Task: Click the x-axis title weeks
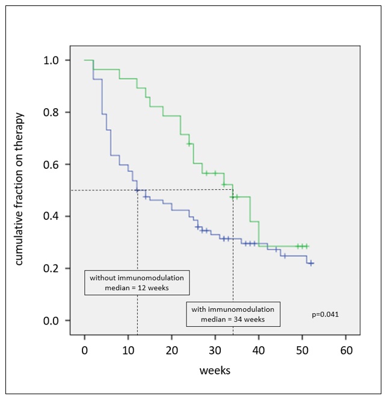215,370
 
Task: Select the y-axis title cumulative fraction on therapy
19,189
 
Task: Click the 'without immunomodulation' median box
137,283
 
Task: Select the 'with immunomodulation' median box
233,314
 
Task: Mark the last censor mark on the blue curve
311,263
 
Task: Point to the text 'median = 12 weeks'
137,288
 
